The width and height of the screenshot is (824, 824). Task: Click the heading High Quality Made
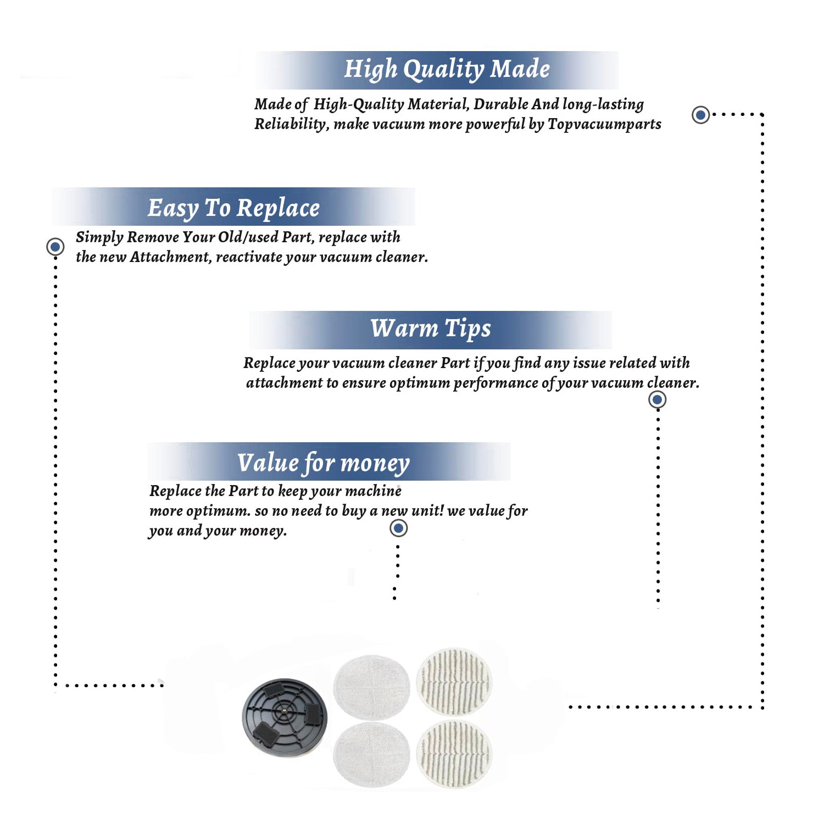[447, 70]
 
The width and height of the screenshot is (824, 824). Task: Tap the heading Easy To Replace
[233, 209]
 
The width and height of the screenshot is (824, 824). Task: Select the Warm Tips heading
[431, 329]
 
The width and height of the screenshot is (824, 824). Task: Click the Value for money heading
[324, 463]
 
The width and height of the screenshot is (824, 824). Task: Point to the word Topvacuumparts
[604, 125]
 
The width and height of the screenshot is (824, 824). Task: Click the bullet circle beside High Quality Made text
[700, 115]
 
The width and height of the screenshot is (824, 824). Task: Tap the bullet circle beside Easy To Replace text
[55, 247]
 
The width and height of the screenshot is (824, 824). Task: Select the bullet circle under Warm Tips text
[657, 399]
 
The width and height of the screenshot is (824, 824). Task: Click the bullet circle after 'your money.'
[398, 528]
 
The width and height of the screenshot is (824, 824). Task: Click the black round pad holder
[285, 717]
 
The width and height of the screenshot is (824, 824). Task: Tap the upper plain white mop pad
[371, 687]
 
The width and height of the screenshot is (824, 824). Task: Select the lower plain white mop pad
[371, 754]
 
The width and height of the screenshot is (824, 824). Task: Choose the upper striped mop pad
[454, 681]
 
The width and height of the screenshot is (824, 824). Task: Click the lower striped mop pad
[454, 754]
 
